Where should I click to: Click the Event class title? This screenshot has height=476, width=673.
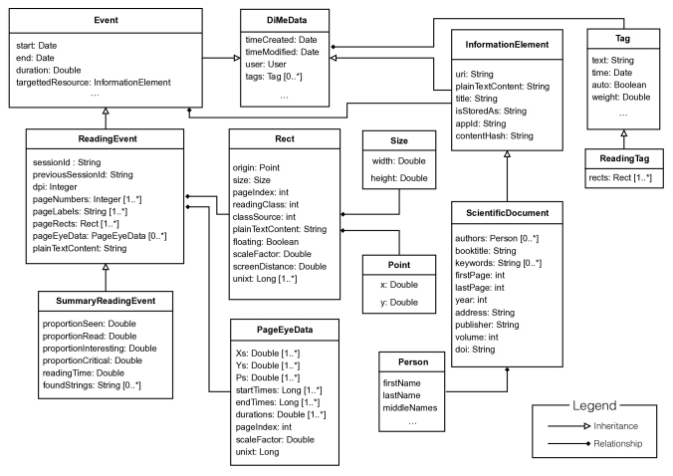coord(106,20)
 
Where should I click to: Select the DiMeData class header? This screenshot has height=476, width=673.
coord(287,20)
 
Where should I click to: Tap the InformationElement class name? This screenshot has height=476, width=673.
coord(507,45)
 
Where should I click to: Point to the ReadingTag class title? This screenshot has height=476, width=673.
coord(624,158)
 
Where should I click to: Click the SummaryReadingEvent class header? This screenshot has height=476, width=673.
coord(106,301)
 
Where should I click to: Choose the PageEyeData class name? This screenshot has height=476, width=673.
coord(285,330)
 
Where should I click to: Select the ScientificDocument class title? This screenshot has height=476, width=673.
coord(508,213)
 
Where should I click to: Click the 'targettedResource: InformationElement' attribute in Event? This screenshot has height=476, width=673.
coord(94,83)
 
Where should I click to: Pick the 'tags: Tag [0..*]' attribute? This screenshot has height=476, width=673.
coord(274,77)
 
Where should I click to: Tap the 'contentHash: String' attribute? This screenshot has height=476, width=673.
coord(494,136)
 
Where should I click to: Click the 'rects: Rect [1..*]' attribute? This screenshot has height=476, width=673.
coord(620,177)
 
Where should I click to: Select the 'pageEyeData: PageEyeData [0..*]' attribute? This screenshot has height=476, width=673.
coord(100,236)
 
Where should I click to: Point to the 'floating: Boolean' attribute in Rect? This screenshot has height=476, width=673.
coord(265,242)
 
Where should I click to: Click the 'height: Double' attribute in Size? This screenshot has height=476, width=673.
coord(399,178)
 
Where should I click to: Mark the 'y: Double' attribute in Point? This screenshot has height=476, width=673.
coord(399,303)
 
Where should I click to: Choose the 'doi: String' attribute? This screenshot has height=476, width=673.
coord(475,350)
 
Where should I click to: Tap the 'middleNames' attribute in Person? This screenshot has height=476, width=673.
coord(410,407)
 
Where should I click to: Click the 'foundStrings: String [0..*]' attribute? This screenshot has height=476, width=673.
coord(92,385)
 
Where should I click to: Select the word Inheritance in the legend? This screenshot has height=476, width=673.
coord(615,426)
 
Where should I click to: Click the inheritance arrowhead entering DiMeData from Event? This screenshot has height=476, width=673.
coord(237,58)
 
